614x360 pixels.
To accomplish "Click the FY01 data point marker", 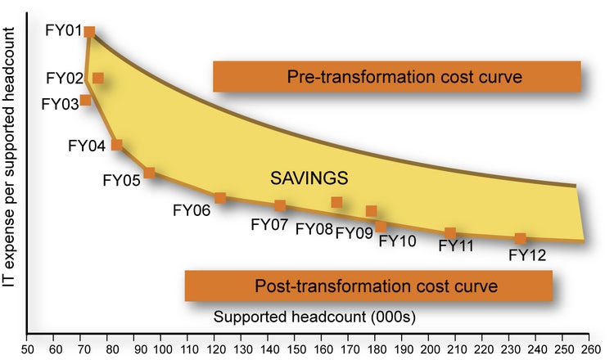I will [x=89, y=32].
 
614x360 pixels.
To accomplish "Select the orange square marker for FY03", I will [x=85, y=100].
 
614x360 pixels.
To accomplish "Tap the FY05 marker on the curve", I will [x=149, y=173].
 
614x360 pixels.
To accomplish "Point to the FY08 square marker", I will [x=336, y=202].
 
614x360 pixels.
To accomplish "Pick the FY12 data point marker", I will [x=520, y=239].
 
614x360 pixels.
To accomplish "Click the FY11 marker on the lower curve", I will [x=450, y=233].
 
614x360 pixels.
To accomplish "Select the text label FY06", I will [x=192, y=209].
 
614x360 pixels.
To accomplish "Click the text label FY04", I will [x=87, y=146].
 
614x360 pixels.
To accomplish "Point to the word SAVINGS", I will [x=311, y=178].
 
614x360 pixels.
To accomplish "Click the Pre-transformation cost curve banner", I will [x=396, y=77].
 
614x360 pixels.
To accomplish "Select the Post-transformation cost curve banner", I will [x=368, y=286].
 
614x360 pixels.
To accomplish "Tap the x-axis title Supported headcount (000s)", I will [x=297, y=315].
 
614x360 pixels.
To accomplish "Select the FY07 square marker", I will [x=280, y=205].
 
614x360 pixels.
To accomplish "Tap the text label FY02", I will [x=65, y=79].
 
